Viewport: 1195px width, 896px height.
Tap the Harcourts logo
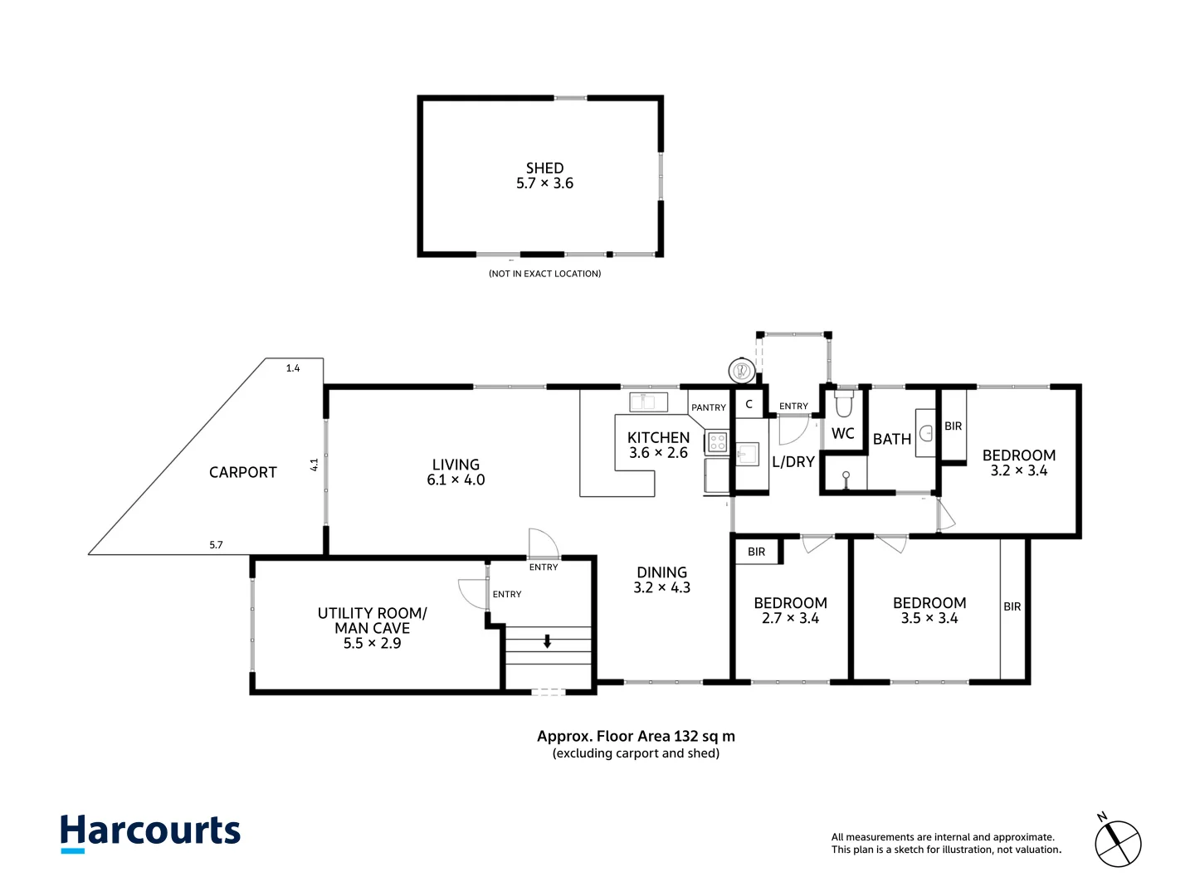(x=150, y=833)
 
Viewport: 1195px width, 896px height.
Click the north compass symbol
(x=1117, y=843)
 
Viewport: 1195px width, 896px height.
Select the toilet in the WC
(x=843, y=402)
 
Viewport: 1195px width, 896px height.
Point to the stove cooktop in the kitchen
(x=717, y=441)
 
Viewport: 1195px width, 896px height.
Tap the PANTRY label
(x=709, y=407)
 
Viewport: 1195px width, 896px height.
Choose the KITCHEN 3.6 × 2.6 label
(x=658, y=445)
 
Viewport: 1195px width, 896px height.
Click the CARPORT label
(x=243, y=472)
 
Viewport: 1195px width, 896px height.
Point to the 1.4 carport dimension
(x=293, y=368)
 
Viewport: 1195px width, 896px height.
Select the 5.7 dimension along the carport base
(x=216, y=544)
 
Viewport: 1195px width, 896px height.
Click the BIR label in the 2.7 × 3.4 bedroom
(x=756, y=552)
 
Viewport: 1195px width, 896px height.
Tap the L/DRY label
(x=793, y=462)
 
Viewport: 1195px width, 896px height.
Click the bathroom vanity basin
(x=925, y=433)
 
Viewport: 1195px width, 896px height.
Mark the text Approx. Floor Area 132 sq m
(x=636, y=736)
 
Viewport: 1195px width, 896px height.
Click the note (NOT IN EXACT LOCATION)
(x=545, y=274)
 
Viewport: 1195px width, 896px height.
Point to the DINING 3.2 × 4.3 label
(x=661, y=580)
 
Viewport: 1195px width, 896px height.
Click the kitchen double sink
(x=648, y=402)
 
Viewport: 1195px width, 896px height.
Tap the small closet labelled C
(x=749, y=404)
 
